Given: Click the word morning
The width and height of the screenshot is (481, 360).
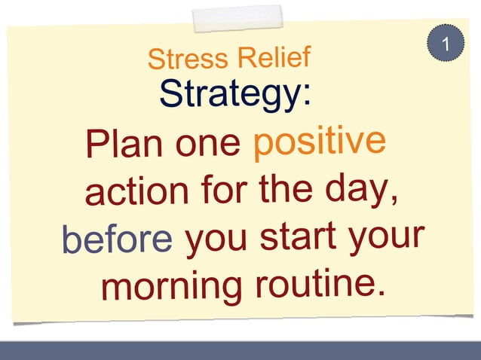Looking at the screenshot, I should point(170,287).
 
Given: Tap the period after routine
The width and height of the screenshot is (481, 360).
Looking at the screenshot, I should point(379,288).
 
